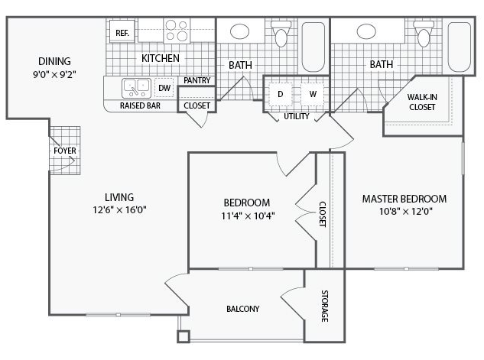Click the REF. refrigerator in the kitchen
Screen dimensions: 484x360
[x=122, y=31]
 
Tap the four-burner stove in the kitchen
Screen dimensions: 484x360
[x=177, y=31]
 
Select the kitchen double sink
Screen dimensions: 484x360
[x=136, y=88]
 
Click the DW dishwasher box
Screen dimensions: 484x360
[x=164, y=88]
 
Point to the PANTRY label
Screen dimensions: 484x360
[x=197, y=80]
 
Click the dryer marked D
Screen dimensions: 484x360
[x=281, y=94]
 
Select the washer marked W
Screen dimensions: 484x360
[x=313, y=94]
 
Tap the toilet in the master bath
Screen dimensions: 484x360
[x=423, y=33]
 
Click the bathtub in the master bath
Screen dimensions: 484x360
[x=459, y=47]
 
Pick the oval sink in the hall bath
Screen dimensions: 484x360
[x=239, y=31]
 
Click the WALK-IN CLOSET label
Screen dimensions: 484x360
[x=422, y=102]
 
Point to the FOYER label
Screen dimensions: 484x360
[x=65, y=151]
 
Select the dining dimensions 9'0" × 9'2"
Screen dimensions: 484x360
[x=54, y=75]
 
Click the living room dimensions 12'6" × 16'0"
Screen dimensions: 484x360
[x=119, y=210]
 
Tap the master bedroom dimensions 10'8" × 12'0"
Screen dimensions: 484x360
[x=405, y=211]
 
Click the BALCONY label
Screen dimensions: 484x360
[x=243, y=309]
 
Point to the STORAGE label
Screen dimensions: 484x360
[x=324, y=306]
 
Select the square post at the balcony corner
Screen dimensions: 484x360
[x=184, y=336]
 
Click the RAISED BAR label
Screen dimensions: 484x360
[x=140, y=105]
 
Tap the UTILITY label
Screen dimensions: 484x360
[x=297, y=116]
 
